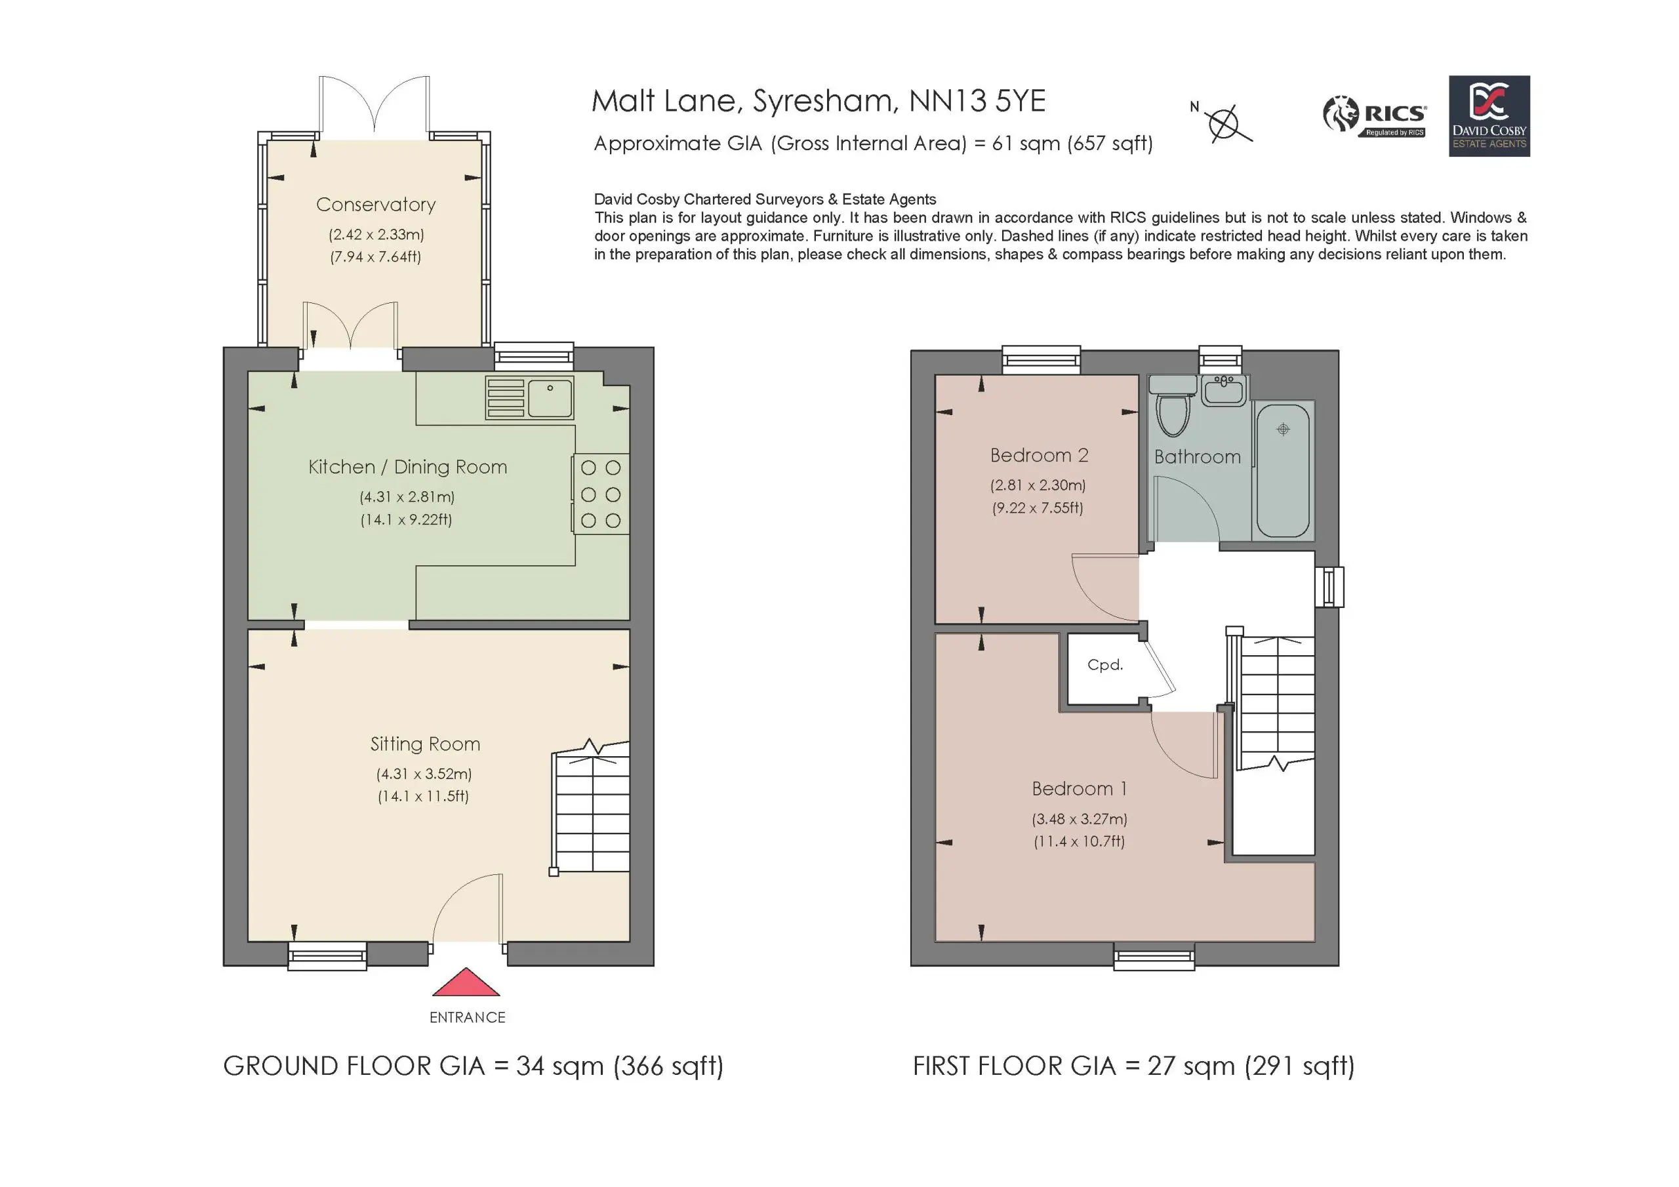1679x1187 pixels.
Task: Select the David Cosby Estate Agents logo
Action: (1489, 116)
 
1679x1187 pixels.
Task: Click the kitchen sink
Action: (529, 398)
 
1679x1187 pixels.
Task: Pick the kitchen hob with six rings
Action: (600, 494)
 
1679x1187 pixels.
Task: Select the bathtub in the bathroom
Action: (1283, 470)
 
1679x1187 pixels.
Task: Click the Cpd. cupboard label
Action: (1105, 665)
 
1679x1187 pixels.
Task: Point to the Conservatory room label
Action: (376, 205)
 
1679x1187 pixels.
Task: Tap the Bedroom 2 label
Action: (1039, 456)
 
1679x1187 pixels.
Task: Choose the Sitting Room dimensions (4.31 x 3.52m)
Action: (424, 773)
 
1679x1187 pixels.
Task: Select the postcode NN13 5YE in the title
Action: (977, 101)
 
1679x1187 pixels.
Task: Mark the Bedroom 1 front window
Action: (1154, 956)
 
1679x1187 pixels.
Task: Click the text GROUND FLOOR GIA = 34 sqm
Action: (414, 1066)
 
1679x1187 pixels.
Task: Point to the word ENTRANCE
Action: (467, 1017)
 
